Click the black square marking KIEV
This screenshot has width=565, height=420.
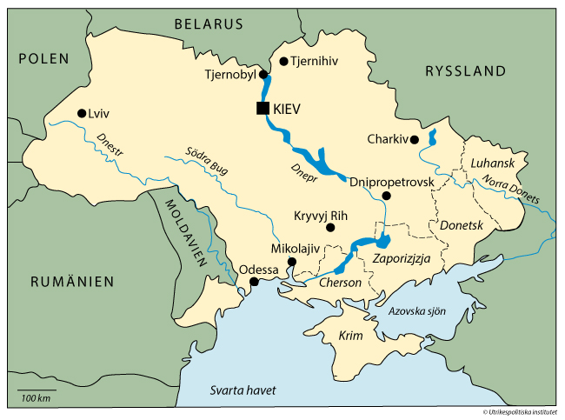pyautogui.click(x=262, y=109)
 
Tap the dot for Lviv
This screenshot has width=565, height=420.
pyautogui.click(x=81, y=113)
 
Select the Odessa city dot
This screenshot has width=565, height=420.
pyautogui.click(x=254, y=282)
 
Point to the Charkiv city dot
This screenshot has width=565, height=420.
pyautogui.click(x=415, y=139)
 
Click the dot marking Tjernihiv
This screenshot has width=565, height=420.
pyautogui.click(x=283, y=61)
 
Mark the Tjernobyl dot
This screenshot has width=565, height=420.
pyautogui.click(x=263, y=75)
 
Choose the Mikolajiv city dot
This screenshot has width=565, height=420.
pyautogui.click(x=292, y=261)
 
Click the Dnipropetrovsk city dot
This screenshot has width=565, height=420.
pyautogui.click(x=387, y=196)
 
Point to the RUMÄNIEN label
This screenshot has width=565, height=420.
pyautogui.click(x=73, y=281)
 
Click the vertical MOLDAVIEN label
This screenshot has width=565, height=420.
pyautogui.click(x=185, y=230)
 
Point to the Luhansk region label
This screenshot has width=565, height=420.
pyautogui.click(x=493, y=163)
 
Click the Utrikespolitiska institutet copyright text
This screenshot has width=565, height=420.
pyautogui.click(x=521, y=412)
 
